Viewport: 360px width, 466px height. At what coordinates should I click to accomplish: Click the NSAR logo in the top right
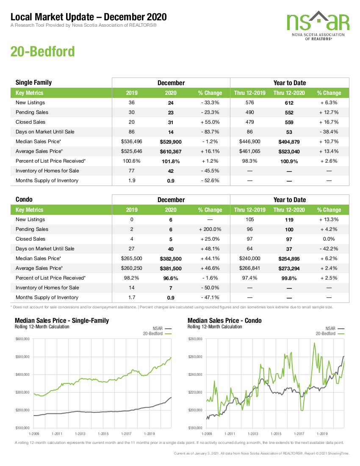click(318, 25)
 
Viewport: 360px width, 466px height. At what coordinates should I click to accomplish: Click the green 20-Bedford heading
click(42, 51)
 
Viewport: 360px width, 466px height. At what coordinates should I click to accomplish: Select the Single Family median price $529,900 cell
click(171, 142)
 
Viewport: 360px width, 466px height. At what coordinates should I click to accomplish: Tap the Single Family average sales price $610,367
click(171, 152)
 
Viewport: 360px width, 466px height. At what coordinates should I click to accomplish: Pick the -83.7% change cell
click(210, 132)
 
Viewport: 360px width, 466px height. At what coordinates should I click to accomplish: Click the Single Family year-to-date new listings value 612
click(289, 103)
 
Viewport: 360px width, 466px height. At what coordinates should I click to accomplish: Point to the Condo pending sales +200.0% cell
click(210, 230)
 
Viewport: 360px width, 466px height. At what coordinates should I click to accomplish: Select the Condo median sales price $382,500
click(171, 259)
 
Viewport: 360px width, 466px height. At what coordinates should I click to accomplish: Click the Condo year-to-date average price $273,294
click(289, 269)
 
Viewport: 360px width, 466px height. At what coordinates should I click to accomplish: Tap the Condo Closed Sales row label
click(30, 239)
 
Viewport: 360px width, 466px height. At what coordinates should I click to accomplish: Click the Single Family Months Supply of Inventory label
click(47, 181)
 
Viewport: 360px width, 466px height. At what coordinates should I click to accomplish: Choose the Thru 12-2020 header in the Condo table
click(289, 210)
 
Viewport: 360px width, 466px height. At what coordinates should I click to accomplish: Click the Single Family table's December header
click(171, 83)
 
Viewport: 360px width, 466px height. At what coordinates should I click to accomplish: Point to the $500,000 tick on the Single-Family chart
click(22, 357)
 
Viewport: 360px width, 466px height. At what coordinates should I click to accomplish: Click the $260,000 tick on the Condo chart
click(195, 357)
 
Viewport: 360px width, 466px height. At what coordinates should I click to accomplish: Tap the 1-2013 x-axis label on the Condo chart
click(253, 434)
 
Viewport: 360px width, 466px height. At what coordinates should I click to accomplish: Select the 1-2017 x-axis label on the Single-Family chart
click(126, 434)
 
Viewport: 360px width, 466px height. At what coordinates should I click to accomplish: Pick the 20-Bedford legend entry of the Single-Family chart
click(157, 334)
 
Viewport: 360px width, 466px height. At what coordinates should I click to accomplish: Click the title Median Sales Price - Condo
click(224, 321)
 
